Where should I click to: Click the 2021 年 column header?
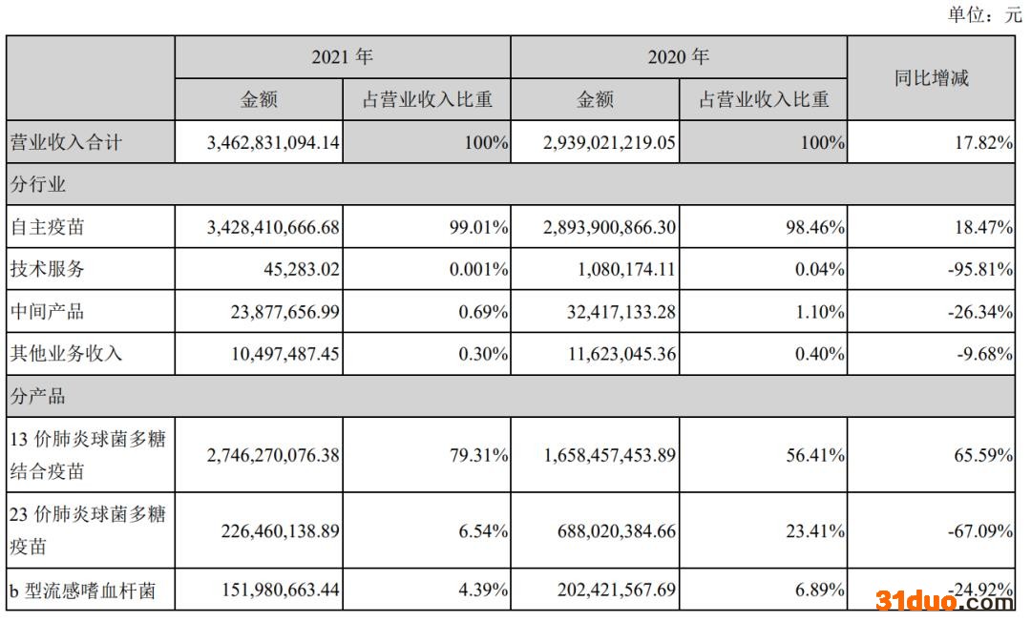[342, 57]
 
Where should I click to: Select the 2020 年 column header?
[678, 57]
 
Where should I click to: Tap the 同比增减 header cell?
[931, 78]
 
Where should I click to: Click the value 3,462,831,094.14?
[273, 143]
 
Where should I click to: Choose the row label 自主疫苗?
[47, 227]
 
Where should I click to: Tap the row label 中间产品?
[47, 311]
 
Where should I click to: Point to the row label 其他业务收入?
[66, 353]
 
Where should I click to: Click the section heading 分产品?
[37, 395]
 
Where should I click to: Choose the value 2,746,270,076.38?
[273, 456]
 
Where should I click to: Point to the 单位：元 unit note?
[984, 15]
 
